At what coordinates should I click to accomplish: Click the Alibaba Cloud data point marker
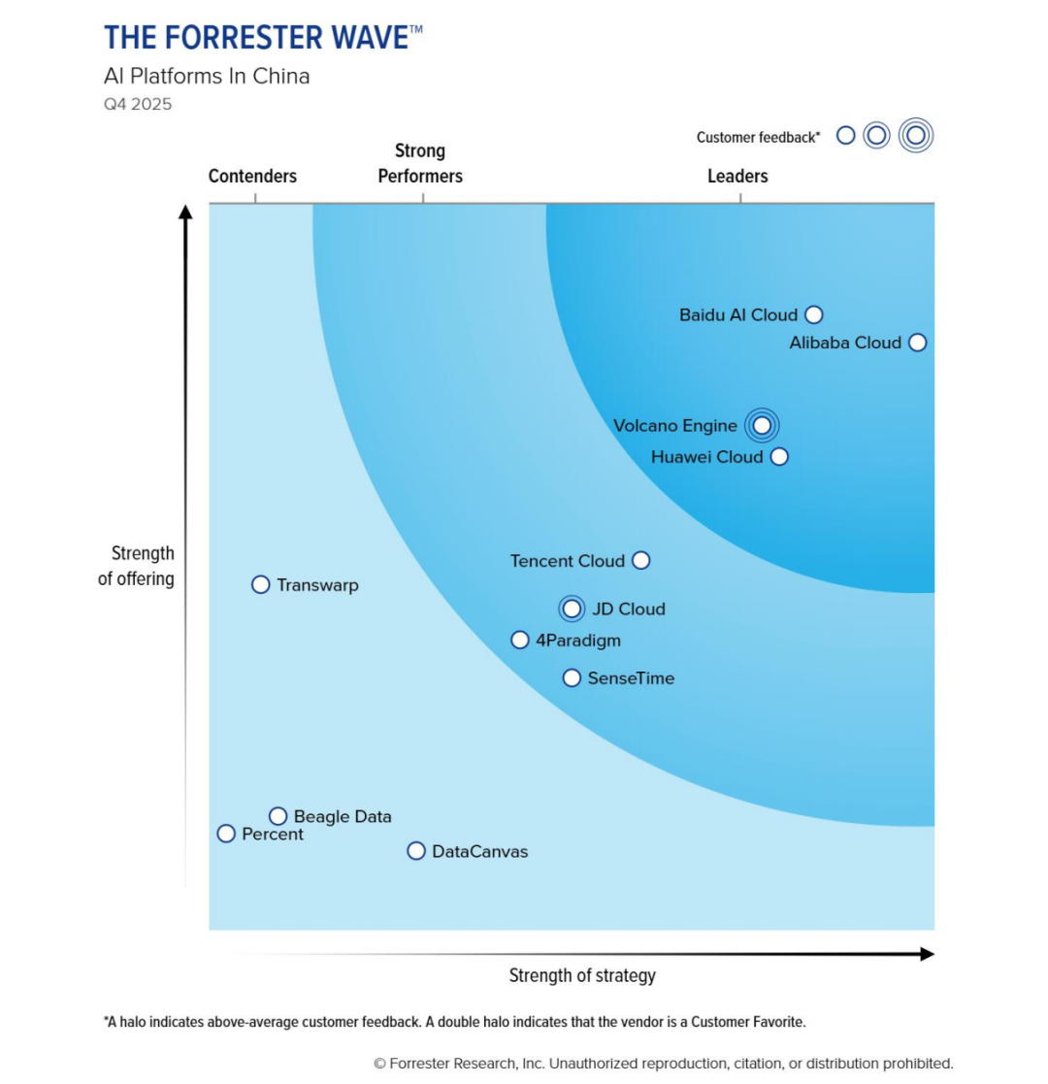pos(918,343)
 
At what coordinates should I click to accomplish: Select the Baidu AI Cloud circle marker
pos(814,314)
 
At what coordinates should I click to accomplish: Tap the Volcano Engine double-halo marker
pos(762,425)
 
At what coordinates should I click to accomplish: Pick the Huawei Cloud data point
pos(779,456)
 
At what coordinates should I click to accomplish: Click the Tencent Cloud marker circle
pos(640,560)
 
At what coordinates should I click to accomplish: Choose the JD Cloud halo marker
pos(573,608)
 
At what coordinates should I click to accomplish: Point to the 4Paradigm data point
pos(520,640)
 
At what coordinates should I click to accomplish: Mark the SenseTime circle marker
pos(573,677)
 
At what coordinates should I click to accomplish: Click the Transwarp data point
pos(260,584)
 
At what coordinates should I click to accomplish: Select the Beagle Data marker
pos(278,816)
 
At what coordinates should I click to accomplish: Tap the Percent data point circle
pos(226,834)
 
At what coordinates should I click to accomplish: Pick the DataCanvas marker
pos(416,851)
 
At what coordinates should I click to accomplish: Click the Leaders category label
pos(737,176)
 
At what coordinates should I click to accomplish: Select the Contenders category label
pos(252,176)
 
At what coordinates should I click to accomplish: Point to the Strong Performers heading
pos(420,163)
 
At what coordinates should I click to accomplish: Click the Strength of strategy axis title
pos(582,975)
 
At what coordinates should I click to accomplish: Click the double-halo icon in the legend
pos(915,135)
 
